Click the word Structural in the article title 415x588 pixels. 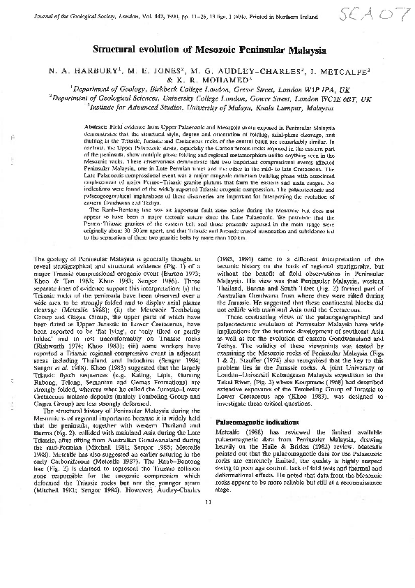[119, 51]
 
